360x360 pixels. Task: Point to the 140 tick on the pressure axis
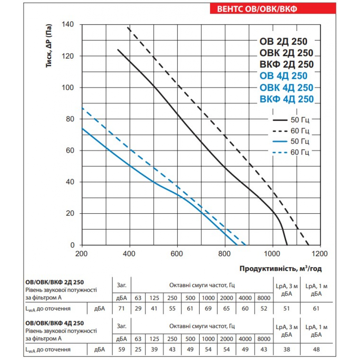click(68, 24)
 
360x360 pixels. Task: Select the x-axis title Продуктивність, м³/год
click(280, 269)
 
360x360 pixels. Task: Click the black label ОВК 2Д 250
click(286, 53)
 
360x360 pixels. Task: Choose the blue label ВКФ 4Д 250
click(287, 99)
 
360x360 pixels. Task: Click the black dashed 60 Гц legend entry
click(291, 130)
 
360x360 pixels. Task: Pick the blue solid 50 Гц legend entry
click(291, 141)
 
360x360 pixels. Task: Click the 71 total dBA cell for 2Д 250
click(122, 308)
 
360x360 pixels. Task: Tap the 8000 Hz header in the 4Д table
click(264, 339)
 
